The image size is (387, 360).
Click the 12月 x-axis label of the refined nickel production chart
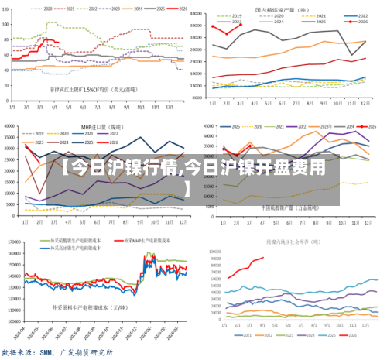[x=365, y=102]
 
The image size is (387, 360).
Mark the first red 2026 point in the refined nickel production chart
[x=213, y=26]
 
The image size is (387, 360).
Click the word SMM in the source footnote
[x=53, y=352]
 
